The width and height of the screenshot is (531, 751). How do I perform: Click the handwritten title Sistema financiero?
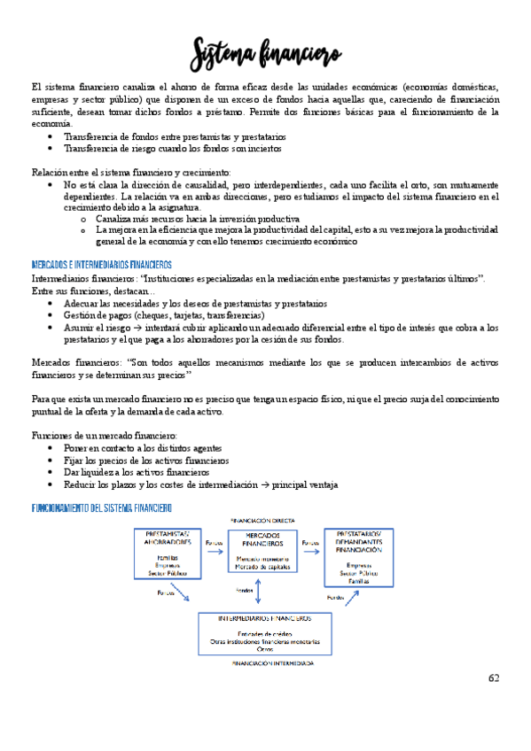[x=265, y=54]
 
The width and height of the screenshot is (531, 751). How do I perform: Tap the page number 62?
[x=494, y=677]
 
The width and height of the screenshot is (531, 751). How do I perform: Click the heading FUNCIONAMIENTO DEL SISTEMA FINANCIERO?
[x=102, y=508]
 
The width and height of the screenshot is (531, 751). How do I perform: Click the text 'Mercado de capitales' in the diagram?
[x=264, y=567]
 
